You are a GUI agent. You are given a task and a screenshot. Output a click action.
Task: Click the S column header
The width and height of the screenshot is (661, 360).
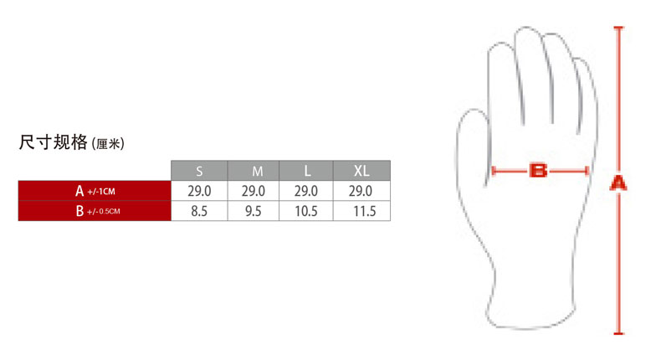[199, 171]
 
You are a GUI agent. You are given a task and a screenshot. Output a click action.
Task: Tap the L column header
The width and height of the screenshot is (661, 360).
[306, 171]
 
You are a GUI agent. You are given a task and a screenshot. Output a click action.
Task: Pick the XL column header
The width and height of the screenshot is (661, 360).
[361, 171]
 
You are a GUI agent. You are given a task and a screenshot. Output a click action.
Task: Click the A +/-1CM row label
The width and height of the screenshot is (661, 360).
[95, 191]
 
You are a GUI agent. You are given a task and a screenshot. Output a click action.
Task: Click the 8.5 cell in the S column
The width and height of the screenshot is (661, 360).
[199, 211]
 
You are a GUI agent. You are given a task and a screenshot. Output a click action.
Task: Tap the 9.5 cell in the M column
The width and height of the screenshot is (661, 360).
[254, 211]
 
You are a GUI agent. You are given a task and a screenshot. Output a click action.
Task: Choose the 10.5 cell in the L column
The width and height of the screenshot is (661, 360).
[306, 211]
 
